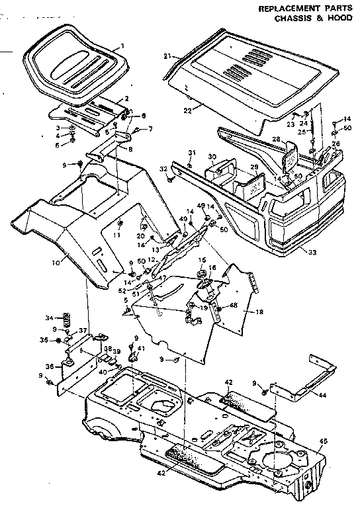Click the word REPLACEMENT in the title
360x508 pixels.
283,9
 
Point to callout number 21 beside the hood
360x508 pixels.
168,56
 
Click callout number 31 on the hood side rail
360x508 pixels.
191,154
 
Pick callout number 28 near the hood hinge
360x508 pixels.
275,139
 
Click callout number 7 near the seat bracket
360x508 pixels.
150,128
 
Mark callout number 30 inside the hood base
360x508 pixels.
212,157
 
